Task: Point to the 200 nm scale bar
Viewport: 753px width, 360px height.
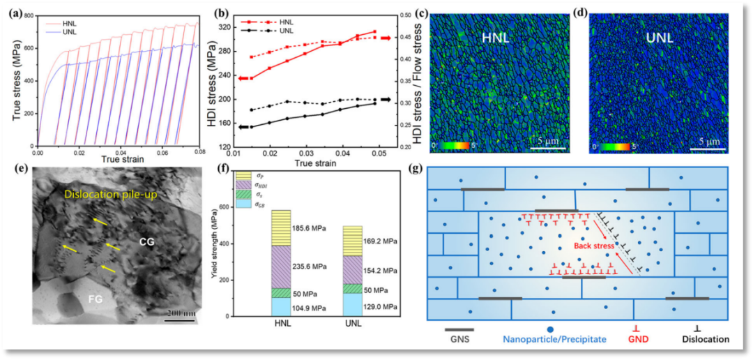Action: coord(180,313)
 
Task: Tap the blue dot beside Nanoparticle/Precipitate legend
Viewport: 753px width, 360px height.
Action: coord(551,329)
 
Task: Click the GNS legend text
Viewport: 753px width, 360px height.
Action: coord(459,340)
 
